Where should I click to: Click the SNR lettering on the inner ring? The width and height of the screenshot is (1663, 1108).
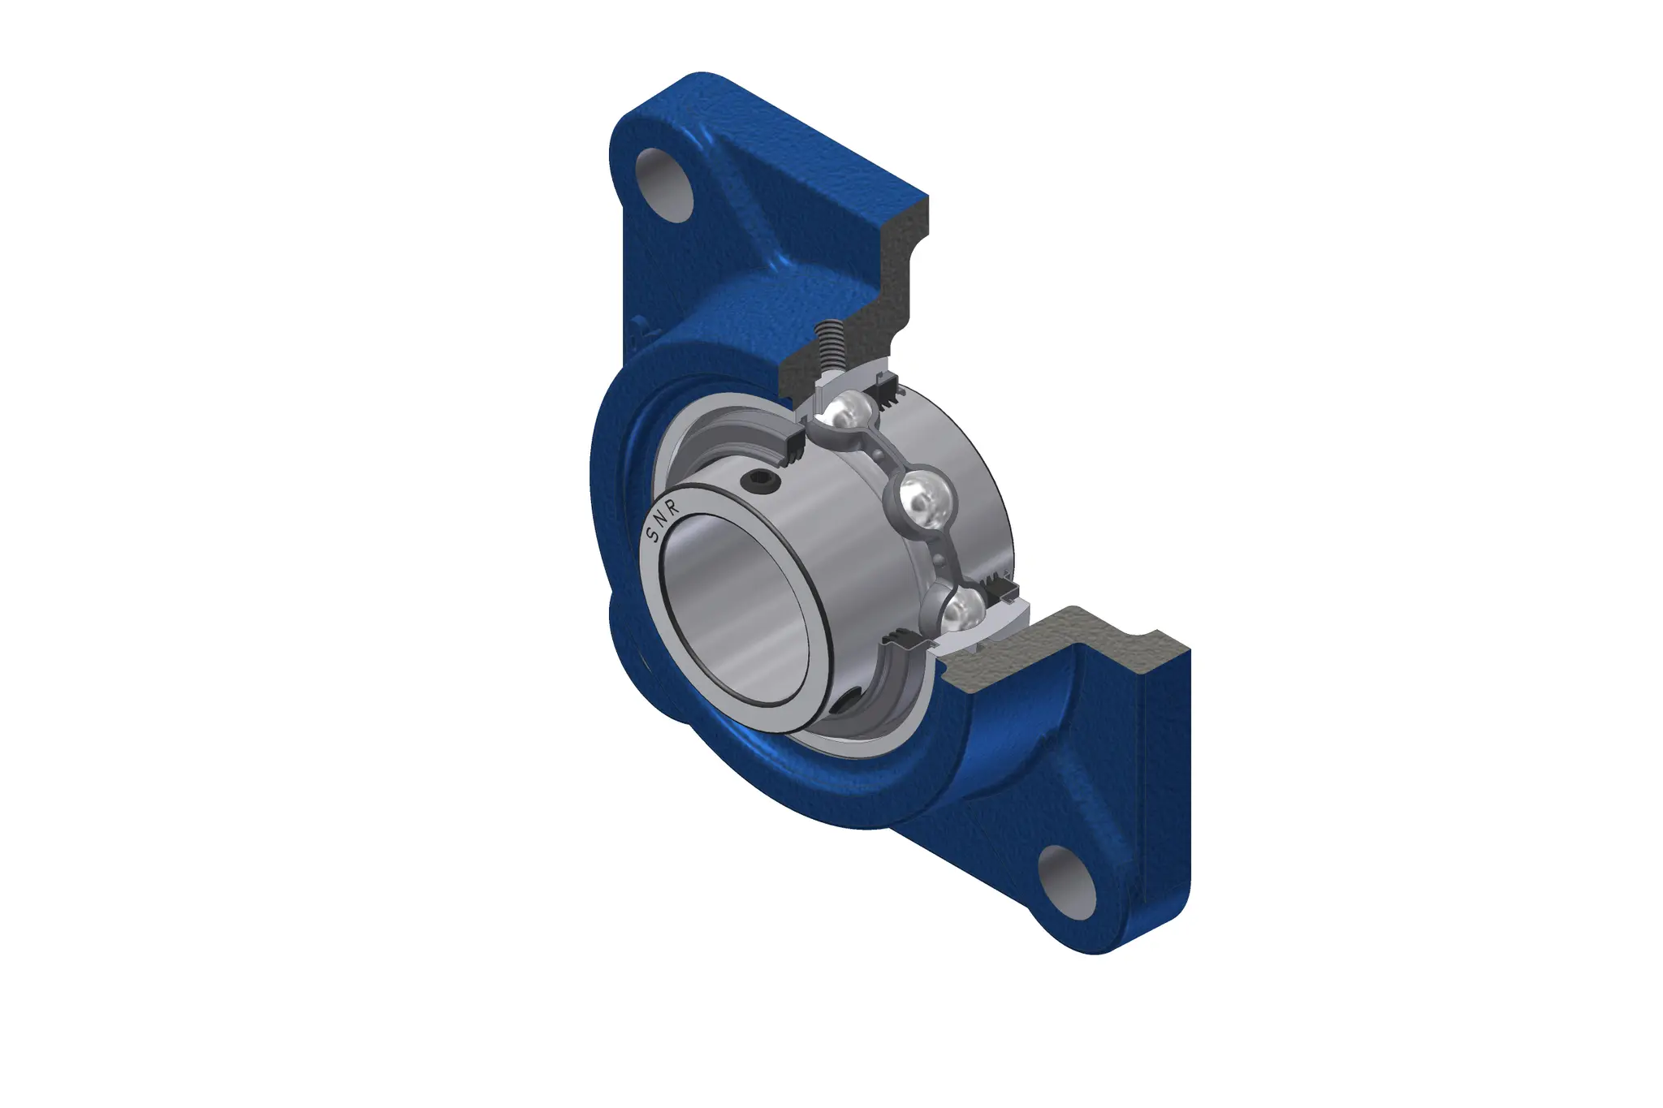(661, 521)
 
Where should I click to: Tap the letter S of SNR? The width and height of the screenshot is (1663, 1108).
(650, 535)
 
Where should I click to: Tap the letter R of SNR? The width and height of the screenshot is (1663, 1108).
(673, 507)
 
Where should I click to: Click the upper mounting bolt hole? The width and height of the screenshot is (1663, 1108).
(665, 184)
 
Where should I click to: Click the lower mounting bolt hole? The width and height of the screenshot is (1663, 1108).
(1067, 882)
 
